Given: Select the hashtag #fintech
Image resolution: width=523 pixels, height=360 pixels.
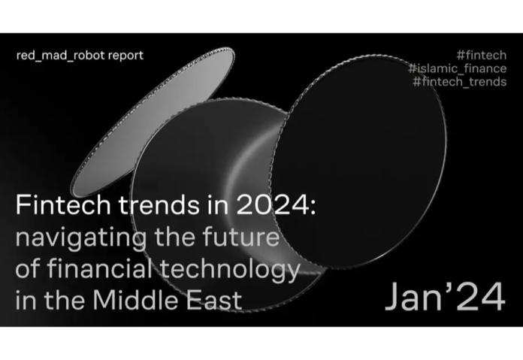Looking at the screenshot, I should [x=481, y=56].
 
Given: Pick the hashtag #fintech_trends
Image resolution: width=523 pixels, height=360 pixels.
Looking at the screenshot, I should [x=459, y=81].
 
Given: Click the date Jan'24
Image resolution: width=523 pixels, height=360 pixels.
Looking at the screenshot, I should [x=445, y=298].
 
